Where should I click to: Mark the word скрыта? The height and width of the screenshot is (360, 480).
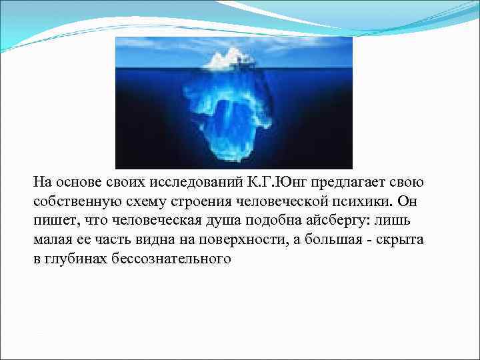click(x=399, y=240)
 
